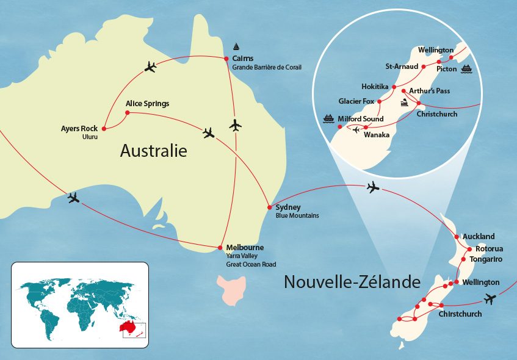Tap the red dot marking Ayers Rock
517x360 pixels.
[x=104, y=129]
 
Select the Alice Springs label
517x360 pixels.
[x=147, y=104]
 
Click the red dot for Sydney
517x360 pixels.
[x=269, y=207]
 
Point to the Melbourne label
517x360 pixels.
[x=245, y=247]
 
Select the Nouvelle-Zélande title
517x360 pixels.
[x=352, y=282]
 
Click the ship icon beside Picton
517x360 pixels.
[x=467, y=68]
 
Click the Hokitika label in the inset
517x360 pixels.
[x=375, y=87]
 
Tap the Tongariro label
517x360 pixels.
[x=486, y=259]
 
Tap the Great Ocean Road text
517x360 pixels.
[x=251, y=264]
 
